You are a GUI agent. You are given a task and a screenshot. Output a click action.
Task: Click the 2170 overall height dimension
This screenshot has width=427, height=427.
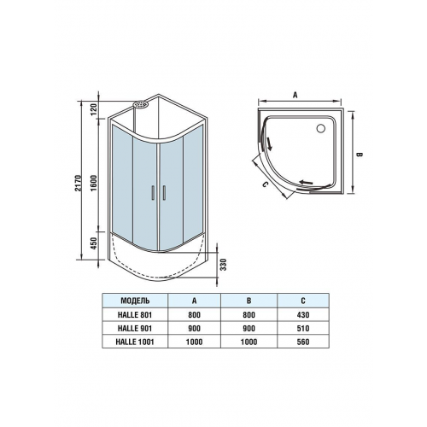pos(79,183)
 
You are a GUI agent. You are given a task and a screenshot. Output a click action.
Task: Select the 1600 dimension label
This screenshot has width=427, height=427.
pos(95,183)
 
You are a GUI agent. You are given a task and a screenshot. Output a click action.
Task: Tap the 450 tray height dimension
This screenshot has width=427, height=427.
pos(95,243)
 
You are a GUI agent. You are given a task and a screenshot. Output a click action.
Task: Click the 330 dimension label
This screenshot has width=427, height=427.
pos(224,265)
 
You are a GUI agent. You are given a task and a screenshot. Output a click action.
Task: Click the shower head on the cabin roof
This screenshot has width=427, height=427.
pos(141,104)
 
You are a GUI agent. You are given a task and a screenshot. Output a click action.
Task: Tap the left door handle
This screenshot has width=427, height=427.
pos(153,193)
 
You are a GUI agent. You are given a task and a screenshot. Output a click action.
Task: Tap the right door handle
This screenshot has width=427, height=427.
pos(164,193)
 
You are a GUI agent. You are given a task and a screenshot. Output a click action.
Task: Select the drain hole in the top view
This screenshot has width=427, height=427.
pos(321,128)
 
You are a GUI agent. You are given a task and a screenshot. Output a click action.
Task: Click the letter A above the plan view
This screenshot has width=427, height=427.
pos(295,95)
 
